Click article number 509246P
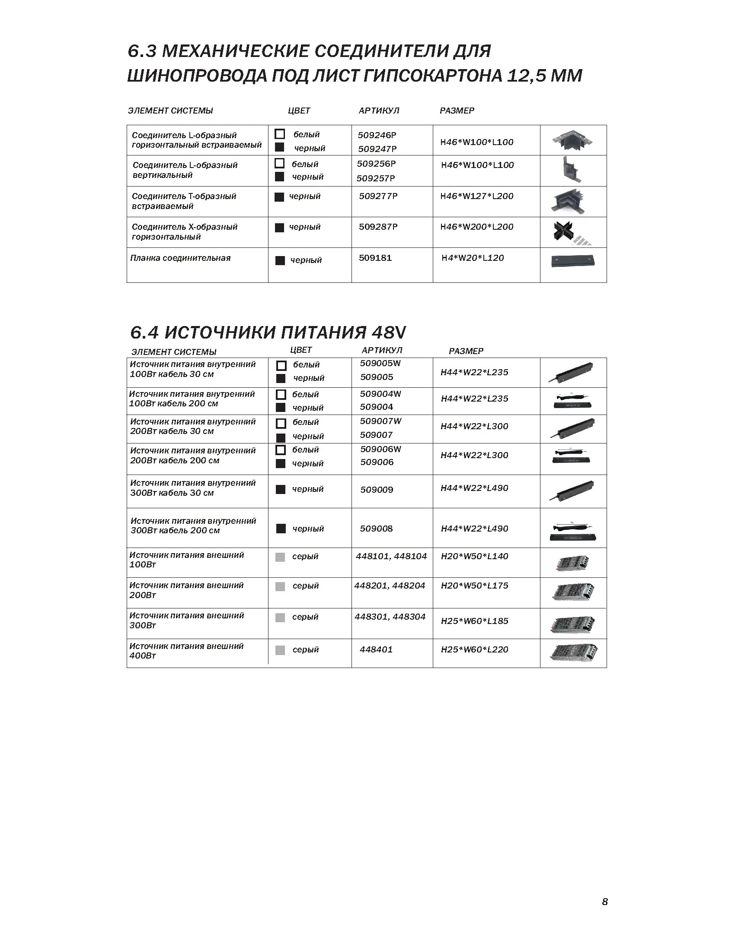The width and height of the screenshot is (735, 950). [377, 135]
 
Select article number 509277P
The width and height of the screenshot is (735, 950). [378, 196]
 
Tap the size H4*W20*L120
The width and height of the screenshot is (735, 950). [473, 258]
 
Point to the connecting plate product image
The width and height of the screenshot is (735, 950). [572, 261]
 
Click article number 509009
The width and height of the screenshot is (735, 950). [377, 490]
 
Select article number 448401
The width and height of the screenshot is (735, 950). [376, 649]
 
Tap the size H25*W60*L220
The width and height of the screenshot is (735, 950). [475, 649]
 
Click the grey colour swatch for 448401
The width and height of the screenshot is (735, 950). [281, 650]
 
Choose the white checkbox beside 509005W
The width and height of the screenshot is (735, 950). [281, 365]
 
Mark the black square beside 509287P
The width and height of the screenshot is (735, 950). [280, 228]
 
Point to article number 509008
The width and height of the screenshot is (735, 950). [376, 529]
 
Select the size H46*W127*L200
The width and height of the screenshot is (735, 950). [477, 196]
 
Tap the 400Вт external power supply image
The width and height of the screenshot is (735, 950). [573, 652]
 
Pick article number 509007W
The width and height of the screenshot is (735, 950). [380, 421]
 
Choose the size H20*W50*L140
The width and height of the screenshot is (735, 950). [475, 556]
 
